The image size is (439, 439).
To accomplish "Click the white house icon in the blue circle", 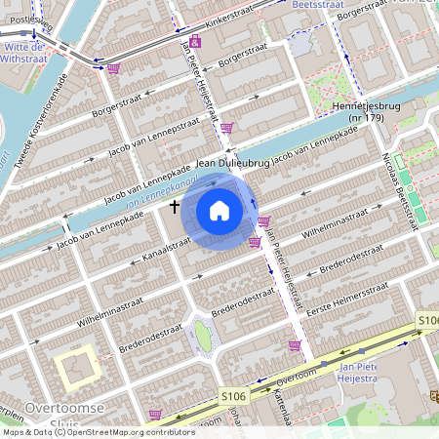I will (219, 211).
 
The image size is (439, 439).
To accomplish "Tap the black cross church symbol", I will (176, 207).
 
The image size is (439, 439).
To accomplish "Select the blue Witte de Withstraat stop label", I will (23, 52).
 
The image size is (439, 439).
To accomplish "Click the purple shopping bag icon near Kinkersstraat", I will (113, 68).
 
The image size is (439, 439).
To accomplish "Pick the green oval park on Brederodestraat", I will (202, 336).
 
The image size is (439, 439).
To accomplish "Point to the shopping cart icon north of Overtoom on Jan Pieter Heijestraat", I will (295, 344).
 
